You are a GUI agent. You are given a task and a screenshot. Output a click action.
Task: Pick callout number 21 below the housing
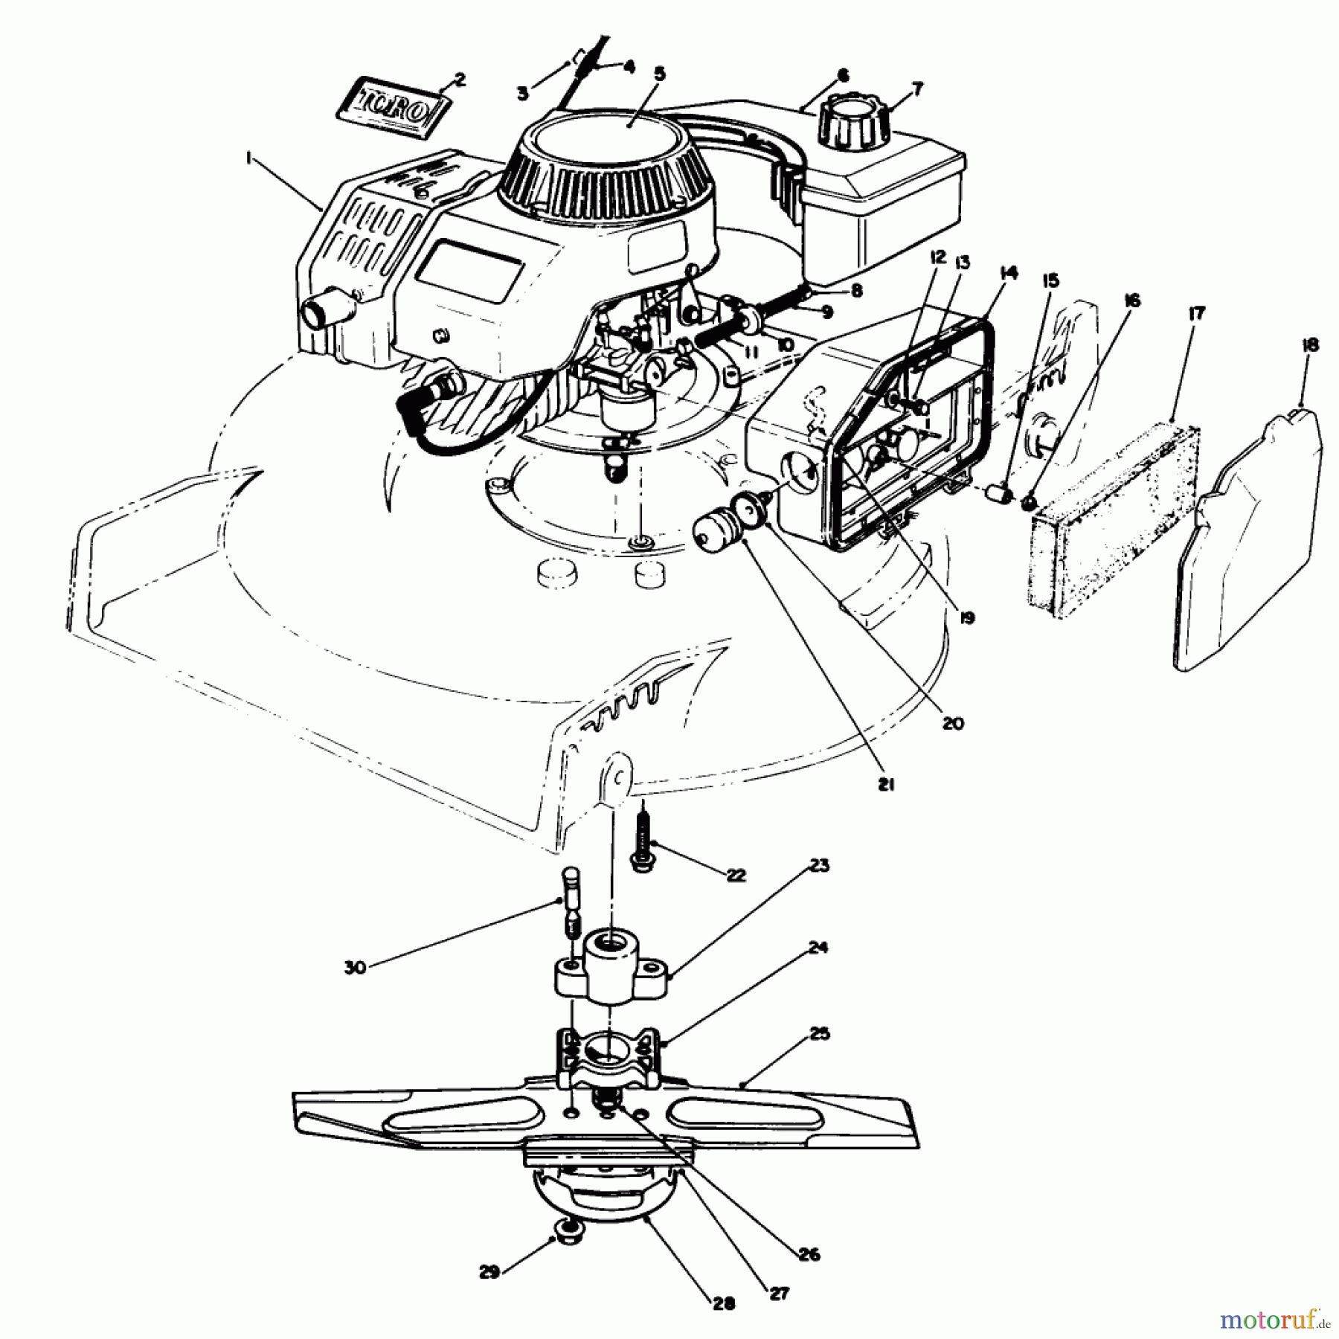coord(885,784)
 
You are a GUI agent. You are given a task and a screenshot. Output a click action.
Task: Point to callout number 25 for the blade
coord(819,1034)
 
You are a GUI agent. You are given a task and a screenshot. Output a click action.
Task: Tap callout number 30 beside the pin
coord(356,968)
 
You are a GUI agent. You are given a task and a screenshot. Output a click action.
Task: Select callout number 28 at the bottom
coord(724,1303)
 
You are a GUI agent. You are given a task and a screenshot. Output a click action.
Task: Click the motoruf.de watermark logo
coord(1273,1320)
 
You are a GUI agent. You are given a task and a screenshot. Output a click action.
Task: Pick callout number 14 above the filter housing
coord(1009,274)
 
